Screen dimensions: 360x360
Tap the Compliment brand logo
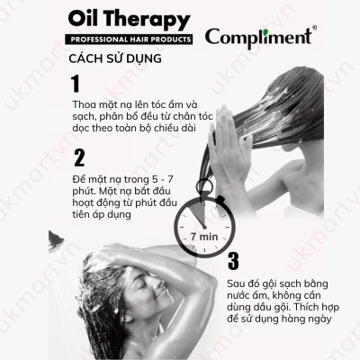click(258, 37)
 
